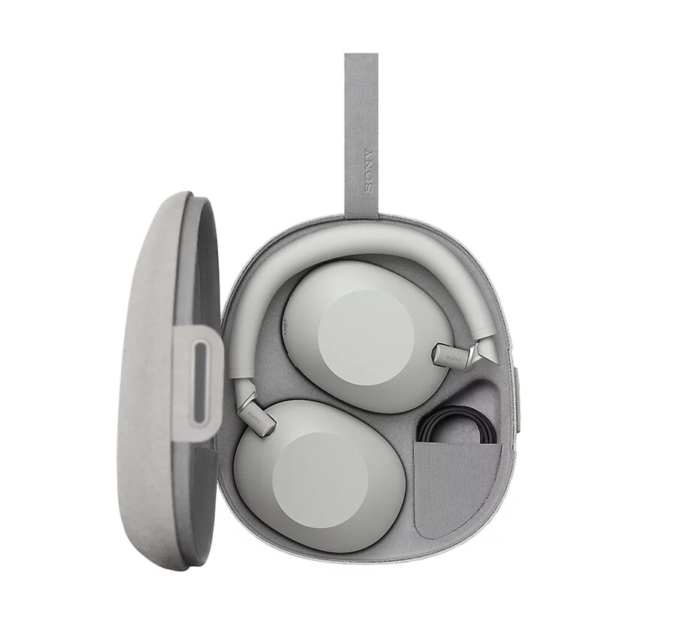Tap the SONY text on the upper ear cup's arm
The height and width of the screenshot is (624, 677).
(x=453, y=357)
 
